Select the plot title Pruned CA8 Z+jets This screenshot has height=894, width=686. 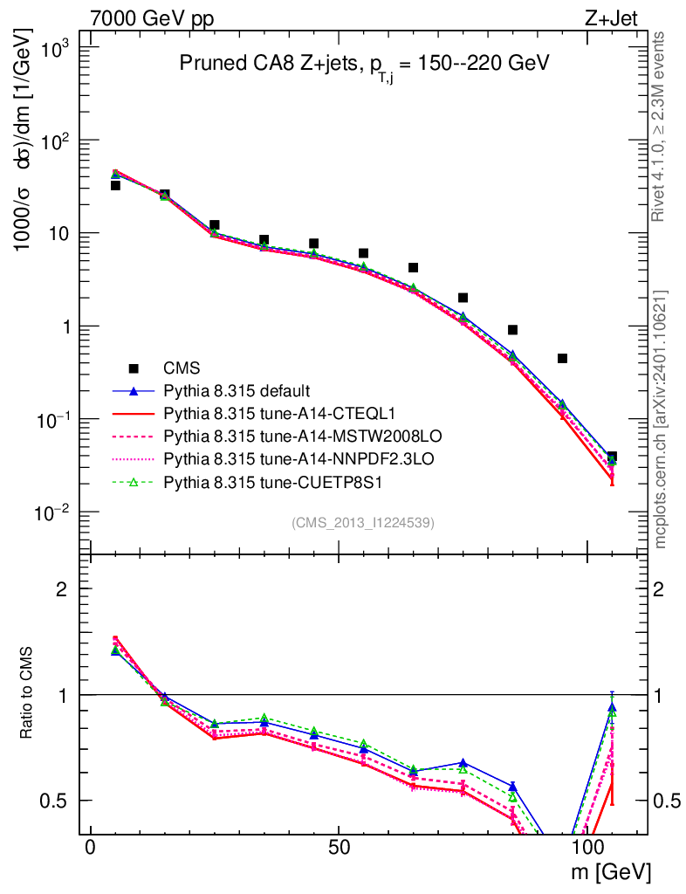coord(364,64)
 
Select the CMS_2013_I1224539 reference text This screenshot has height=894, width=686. coord(363,523)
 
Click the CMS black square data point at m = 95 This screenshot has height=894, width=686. coord(562,359)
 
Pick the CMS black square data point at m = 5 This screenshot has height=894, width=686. coord(115,185)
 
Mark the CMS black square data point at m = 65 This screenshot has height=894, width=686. coord(413,267)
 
